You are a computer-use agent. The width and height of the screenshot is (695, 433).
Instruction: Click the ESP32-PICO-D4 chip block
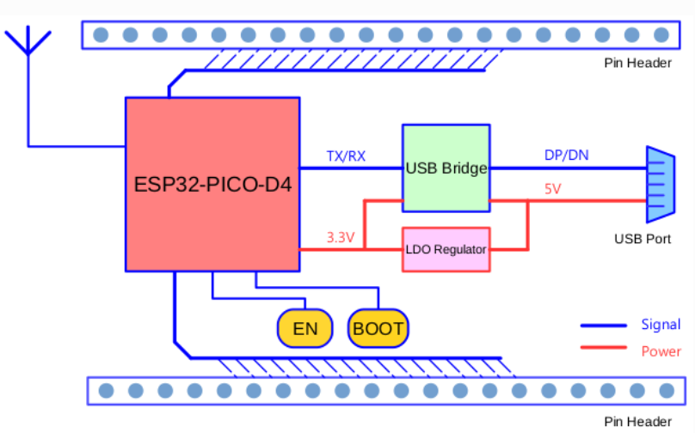(x=212, y=184)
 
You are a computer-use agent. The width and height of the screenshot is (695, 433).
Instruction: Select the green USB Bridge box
(x=446, y=168)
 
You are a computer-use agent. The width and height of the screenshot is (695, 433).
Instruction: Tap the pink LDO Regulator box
(x=446, y=250)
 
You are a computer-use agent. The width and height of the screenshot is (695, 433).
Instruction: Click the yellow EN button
(x=305, y=328)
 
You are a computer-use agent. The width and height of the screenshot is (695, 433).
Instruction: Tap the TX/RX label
(x=346, y=156)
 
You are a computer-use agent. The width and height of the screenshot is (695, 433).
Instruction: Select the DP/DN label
(x=567, y=156)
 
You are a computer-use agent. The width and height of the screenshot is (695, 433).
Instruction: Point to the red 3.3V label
(x=341, y=238)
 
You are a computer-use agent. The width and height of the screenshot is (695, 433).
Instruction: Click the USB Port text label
(x=643, y=239)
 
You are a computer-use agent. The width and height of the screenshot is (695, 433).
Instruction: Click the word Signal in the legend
(x=661, y=325)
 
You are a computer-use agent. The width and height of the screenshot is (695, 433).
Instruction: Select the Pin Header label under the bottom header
(x=637, y=421)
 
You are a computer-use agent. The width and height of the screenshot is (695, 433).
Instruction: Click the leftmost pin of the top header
(x=101, y=35)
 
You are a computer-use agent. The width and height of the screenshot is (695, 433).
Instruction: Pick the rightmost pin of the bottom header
(x=666, y=391)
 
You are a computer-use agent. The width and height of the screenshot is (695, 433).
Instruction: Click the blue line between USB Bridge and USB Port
(x=568, y=168)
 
